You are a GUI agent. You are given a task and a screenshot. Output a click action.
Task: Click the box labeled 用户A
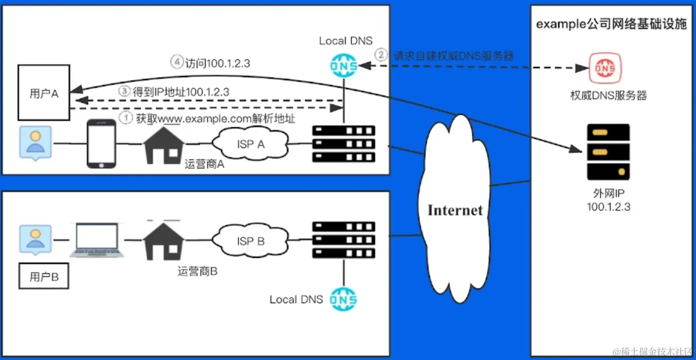click(x=43, y=93)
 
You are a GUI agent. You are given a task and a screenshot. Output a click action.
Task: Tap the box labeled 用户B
click(x=43, y=277)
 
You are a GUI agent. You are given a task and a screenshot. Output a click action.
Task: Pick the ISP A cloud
click(x=250, y=144)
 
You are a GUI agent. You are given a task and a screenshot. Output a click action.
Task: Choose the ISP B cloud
click(x=250, y=241)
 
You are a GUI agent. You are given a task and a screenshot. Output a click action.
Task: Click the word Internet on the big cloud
click(x=455, y=210)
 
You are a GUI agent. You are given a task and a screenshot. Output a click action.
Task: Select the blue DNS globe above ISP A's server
click(x=344, y=65)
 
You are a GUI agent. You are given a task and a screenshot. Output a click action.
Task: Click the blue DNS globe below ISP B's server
click(x=344, y=300)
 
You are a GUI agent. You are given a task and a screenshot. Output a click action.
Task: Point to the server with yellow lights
click(x=608, y=152)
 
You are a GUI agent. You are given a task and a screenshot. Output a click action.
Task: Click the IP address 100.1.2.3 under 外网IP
click(x=608, y=206)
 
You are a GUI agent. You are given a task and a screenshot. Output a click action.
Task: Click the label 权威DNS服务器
click(x=608, y=95)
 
